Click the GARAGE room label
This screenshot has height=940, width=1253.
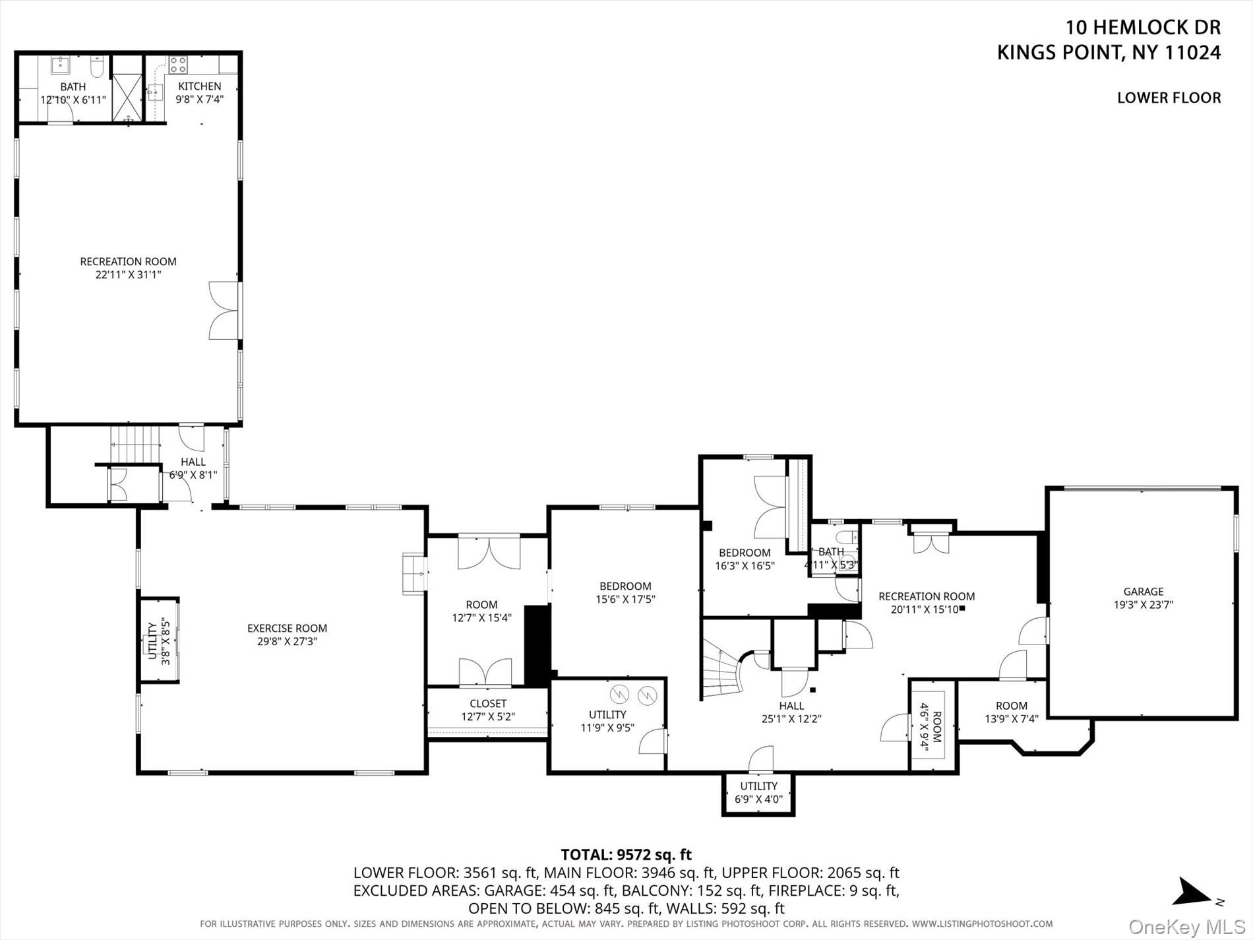point(1144,592)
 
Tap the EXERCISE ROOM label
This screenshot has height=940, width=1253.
point(287,629)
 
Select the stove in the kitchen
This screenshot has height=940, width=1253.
point(178,64)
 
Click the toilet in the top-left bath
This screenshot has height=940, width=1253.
point(97,67)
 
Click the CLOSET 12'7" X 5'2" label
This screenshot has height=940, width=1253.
point(488,710)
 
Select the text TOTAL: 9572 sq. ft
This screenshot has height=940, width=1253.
point(626,855)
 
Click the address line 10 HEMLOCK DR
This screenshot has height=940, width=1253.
point(1144,28)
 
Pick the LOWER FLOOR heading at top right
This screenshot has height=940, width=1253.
point(1169,98)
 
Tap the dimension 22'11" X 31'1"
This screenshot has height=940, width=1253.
point(129,274)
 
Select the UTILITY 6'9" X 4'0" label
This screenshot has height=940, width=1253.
point(758,792)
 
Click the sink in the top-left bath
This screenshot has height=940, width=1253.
point(61,65)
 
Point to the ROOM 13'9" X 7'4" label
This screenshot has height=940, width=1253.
point(1012,712)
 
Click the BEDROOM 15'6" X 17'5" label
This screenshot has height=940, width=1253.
point(625,592)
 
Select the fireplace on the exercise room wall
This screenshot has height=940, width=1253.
point(415,574)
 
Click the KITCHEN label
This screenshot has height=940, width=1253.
point(200,86)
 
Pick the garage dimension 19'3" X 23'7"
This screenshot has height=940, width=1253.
point(1144,604)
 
